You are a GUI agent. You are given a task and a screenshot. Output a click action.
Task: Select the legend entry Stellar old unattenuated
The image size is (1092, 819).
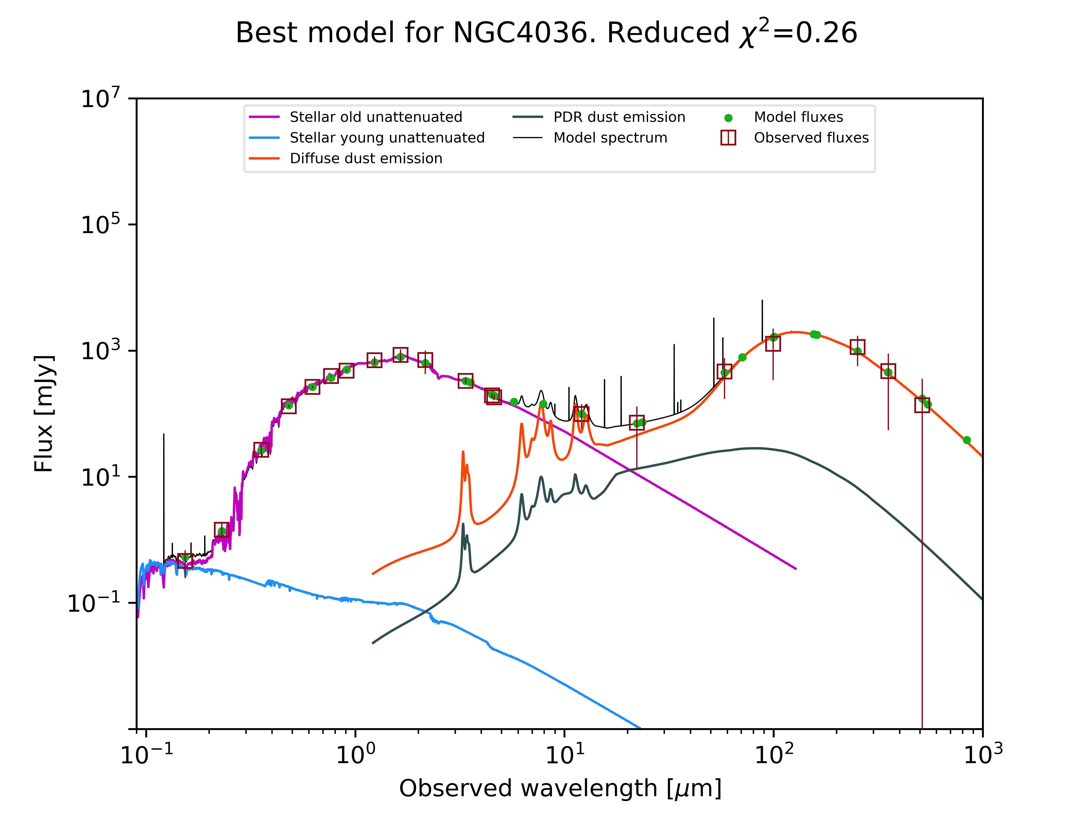[x=376, y=117]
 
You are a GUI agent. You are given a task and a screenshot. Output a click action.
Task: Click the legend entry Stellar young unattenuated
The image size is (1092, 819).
[x=387, y=138]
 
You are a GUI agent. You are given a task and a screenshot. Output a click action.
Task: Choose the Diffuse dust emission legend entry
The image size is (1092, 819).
[x=366, y=158]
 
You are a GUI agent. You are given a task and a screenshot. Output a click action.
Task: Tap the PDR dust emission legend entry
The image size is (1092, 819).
[x=619, y=117]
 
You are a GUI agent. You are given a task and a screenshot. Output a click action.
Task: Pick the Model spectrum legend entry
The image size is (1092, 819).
[x=610, y=138]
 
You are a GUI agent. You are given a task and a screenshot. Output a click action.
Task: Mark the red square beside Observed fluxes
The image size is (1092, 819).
[x=728, y=138]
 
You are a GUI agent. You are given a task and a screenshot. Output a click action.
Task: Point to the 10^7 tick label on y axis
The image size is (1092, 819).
[x=100, y=98]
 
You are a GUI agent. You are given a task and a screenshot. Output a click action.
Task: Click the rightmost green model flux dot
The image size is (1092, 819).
[x=967, y=440]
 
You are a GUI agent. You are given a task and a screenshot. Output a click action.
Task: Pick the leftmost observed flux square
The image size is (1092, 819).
[x=185, y=561]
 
